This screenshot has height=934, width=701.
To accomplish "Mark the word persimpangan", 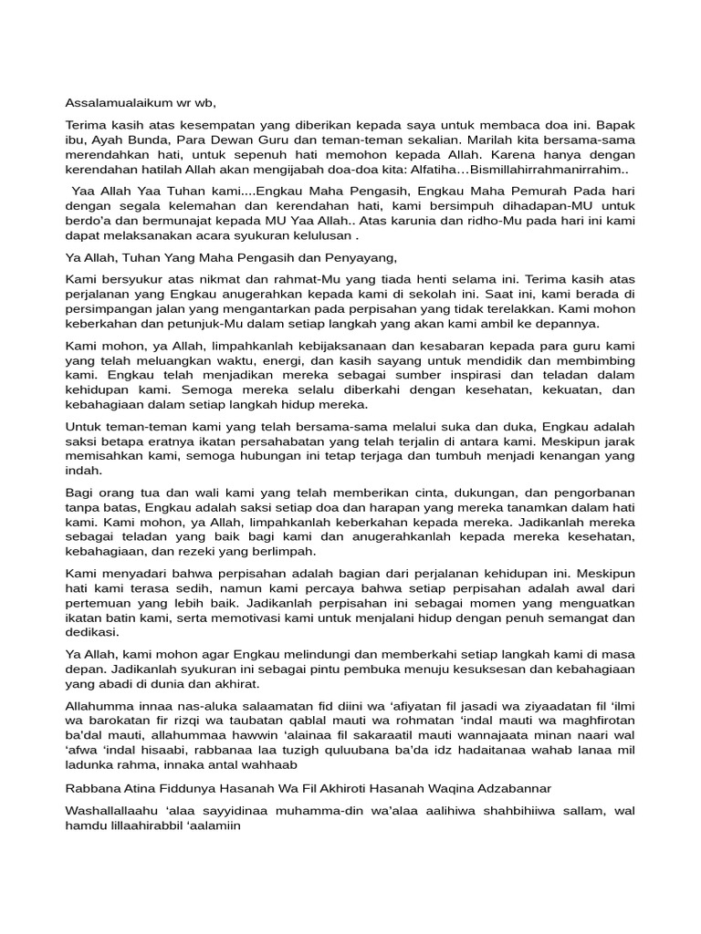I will tap(109, 308).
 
